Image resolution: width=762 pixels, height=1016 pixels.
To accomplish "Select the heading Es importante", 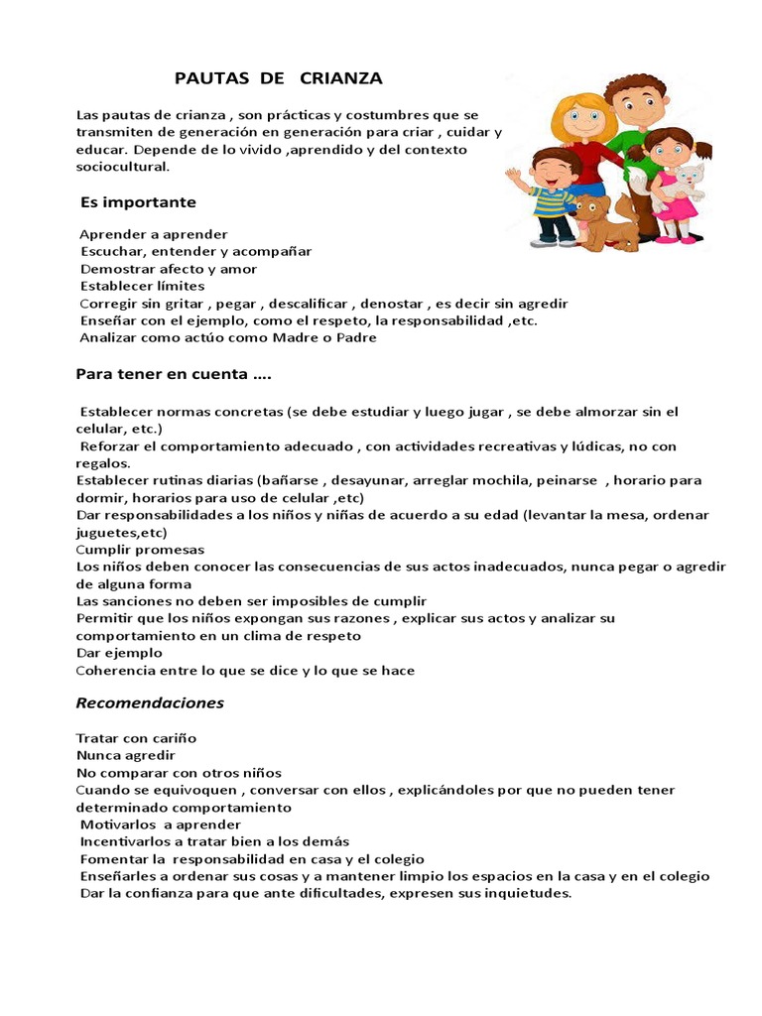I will click(138, 202).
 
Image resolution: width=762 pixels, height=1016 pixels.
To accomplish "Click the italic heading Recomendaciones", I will click(150, 703).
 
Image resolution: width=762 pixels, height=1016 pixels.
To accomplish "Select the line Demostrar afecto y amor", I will click(169, 269).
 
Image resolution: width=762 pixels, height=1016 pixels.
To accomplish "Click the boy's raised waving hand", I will click(513, 179).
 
